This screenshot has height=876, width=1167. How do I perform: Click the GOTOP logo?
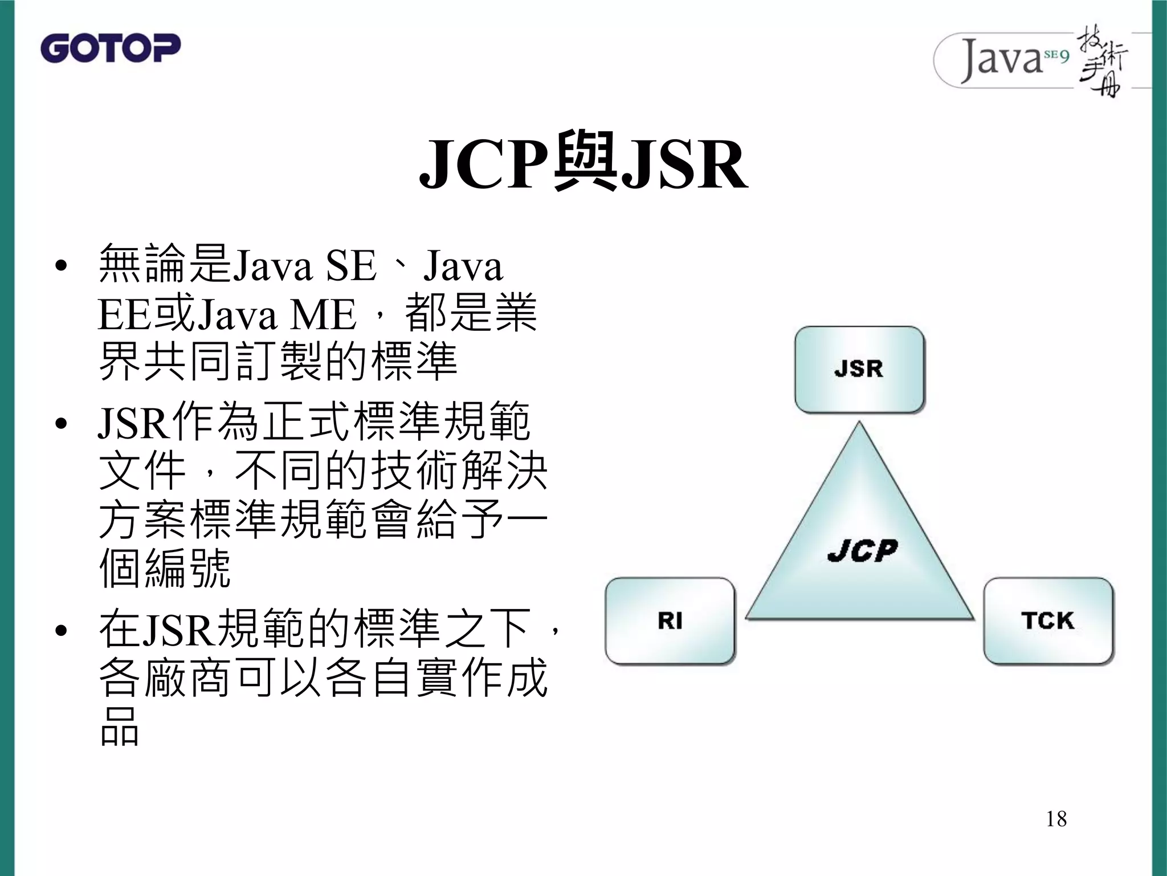coord(110,48)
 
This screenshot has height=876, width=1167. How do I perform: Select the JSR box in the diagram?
coord(859,369)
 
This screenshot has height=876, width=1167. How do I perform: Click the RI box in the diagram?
coord(670,620)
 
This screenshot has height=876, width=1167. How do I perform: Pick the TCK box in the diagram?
coord(1047,620)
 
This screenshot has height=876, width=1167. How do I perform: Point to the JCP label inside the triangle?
coord(862,551)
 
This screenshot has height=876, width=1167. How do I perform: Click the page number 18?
coord(1056,819)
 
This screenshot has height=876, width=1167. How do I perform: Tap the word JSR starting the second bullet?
coord(134,423)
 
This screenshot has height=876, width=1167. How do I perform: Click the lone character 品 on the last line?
coord(119,727)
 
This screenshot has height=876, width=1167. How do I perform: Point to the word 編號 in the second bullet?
coord(187,568)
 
